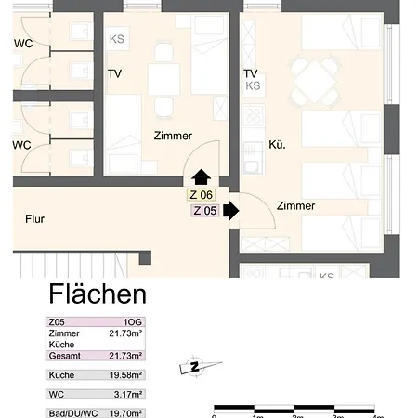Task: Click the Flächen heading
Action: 97,295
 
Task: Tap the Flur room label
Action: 35,220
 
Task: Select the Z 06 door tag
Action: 201,195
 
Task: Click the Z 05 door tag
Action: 204,211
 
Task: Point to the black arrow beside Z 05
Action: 231,211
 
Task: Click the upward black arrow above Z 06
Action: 201,176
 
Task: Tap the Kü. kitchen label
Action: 276,145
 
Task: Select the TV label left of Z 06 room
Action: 114,74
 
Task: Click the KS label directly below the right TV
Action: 253,86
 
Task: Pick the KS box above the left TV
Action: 117,39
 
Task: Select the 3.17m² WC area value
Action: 127,394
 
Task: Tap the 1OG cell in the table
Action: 132,323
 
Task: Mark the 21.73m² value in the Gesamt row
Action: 125,356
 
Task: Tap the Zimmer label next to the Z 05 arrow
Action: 294,206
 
